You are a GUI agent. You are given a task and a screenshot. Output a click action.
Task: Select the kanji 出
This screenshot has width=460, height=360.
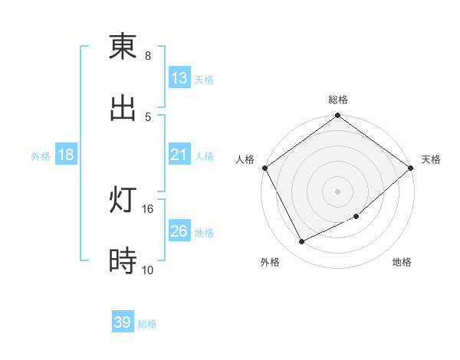tap(123, 108)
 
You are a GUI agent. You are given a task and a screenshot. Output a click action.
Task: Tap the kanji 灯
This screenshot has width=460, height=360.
tap(123, 201)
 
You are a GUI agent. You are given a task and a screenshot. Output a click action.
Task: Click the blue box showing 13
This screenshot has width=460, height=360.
tap(179, 78)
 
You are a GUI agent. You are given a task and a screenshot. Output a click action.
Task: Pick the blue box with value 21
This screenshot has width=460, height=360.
tap(179, 155)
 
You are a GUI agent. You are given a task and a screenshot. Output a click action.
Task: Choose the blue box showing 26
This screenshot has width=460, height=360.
tap(179, 231)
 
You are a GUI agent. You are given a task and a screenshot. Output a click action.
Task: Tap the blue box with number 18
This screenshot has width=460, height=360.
tap(66, 155)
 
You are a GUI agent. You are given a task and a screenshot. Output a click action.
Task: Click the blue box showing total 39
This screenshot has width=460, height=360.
tap(123, 322)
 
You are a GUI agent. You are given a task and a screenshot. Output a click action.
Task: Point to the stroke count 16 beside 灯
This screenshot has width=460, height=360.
tap(148, 208)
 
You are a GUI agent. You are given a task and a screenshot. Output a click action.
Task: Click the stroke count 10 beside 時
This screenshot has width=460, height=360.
tap(148, 270)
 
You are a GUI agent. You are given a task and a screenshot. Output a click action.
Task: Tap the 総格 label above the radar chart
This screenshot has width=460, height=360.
tap(338, 100)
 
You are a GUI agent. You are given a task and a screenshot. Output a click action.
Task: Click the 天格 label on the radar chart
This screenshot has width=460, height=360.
tap(431, 159)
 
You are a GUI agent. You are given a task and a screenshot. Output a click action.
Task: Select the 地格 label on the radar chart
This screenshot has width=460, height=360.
tap(402, 263)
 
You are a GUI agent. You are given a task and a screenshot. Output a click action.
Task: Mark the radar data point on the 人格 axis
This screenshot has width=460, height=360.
tap(264, 168)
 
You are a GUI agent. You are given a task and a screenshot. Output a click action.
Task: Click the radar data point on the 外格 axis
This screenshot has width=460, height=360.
tap(302, 242)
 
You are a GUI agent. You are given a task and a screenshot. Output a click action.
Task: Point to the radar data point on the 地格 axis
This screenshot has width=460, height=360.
tap(356, 217)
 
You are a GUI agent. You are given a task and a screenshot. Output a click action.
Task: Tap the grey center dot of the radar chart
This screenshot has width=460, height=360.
tap(338, 191)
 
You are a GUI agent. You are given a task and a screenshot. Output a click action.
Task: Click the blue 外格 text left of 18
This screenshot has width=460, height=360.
tap(41, 156)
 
